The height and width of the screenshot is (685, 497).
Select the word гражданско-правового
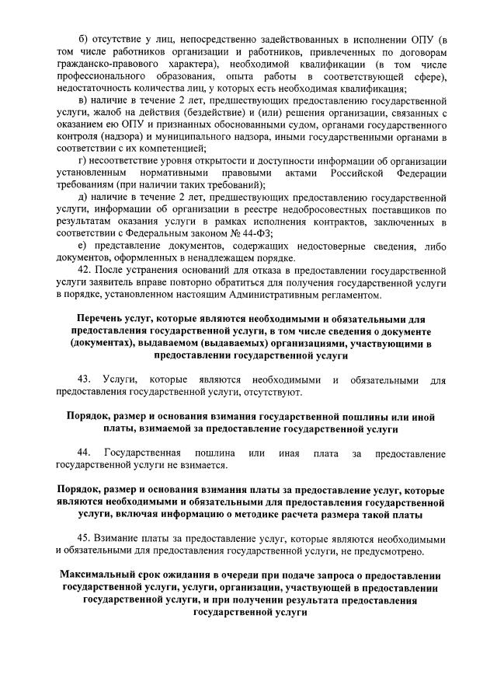pyautogui.click(x=95, y=63)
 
